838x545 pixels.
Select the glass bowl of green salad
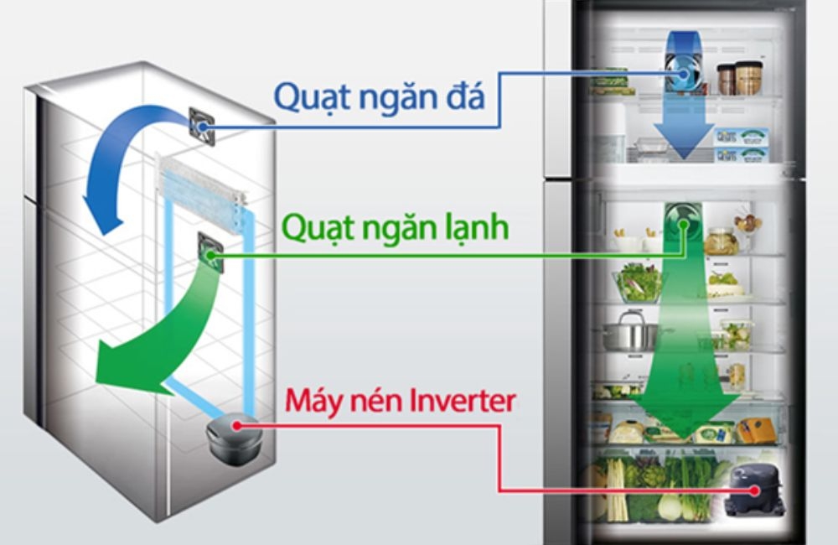(x=639, y=281)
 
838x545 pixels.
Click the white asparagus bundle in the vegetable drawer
(x=617, y=490)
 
